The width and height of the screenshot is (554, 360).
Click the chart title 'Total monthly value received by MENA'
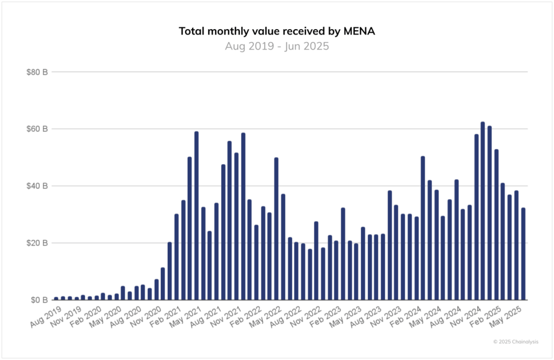tap(276, 31)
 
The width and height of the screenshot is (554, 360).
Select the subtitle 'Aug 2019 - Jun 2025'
tap(276, 46)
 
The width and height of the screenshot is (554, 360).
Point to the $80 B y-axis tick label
tap(37, 72)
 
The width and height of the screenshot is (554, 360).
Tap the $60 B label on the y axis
tap(37, 129)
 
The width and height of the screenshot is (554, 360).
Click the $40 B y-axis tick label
tap(37, 186)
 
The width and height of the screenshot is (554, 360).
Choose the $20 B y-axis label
tap(37, 243)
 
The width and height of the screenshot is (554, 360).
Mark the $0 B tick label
tap(39, 300)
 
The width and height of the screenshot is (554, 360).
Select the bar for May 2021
tap(196, 216)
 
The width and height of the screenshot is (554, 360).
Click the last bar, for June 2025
tap(523, 254)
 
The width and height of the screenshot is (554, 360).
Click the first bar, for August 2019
tap(56, 298)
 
